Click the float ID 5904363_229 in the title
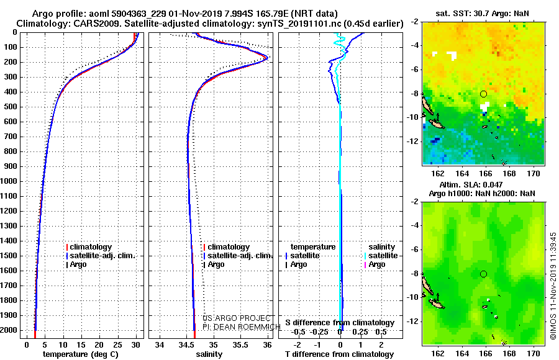click(139, 14)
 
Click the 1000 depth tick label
click(9, 181)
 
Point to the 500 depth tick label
click(11, 107)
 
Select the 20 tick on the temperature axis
click(99, 345)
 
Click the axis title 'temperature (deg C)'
click(81, 354)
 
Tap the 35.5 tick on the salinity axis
click(240, 345)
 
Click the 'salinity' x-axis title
click(209, 354)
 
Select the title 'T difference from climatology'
click(340, 354)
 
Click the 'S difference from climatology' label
click(340, 323)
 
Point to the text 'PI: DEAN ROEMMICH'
click(242, 327)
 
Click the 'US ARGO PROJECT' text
click(237, 318)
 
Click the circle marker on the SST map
click(483, 94)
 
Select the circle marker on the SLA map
click(483, 274)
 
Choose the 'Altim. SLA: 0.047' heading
click(471, 184)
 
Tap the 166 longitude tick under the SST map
click(486, 173)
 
